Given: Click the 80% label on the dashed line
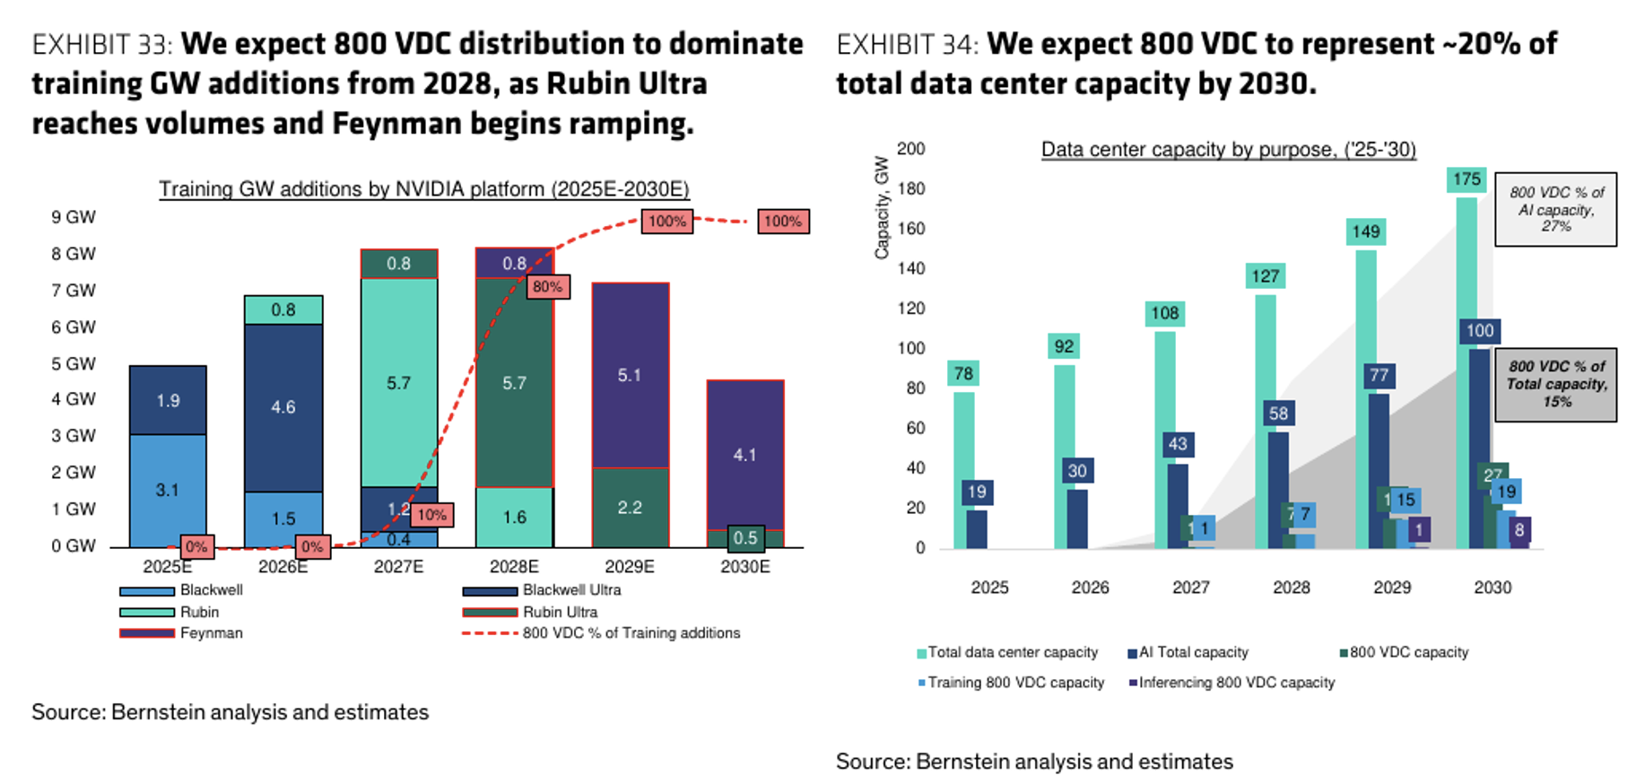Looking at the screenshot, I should [x=547, y=287].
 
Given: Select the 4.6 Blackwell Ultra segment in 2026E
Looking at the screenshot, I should [x=283, y=407].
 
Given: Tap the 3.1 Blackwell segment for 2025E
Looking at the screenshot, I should [x=168, y=490].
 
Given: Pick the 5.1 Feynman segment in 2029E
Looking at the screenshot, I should [x=630, y=375].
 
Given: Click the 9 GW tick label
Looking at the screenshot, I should [x=74, y=217].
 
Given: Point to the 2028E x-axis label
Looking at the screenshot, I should [x=514, y=567].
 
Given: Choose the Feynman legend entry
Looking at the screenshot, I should [x=211, y=633].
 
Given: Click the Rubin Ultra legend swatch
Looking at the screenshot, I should [x=490, y=613].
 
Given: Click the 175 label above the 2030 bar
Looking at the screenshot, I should [x=1467, y=179].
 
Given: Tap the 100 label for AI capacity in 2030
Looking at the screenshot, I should [x=1480, y=331].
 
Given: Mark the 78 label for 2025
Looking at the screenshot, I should [x=963, y=374].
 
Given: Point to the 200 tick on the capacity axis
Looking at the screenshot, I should [x=911, y=149].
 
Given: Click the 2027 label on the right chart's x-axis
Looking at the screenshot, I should [x=1191, y=588].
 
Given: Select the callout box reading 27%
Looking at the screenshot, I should [x=1556, y=210].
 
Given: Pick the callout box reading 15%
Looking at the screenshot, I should [x=1556, y=385].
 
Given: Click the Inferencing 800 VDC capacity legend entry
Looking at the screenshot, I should [x=1236, y=683].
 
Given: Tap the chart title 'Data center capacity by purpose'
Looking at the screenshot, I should [x=1228, y=150].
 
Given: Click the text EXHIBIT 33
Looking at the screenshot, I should [x=102, y=44].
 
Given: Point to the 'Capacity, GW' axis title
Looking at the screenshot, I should [x=882, y=208].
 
